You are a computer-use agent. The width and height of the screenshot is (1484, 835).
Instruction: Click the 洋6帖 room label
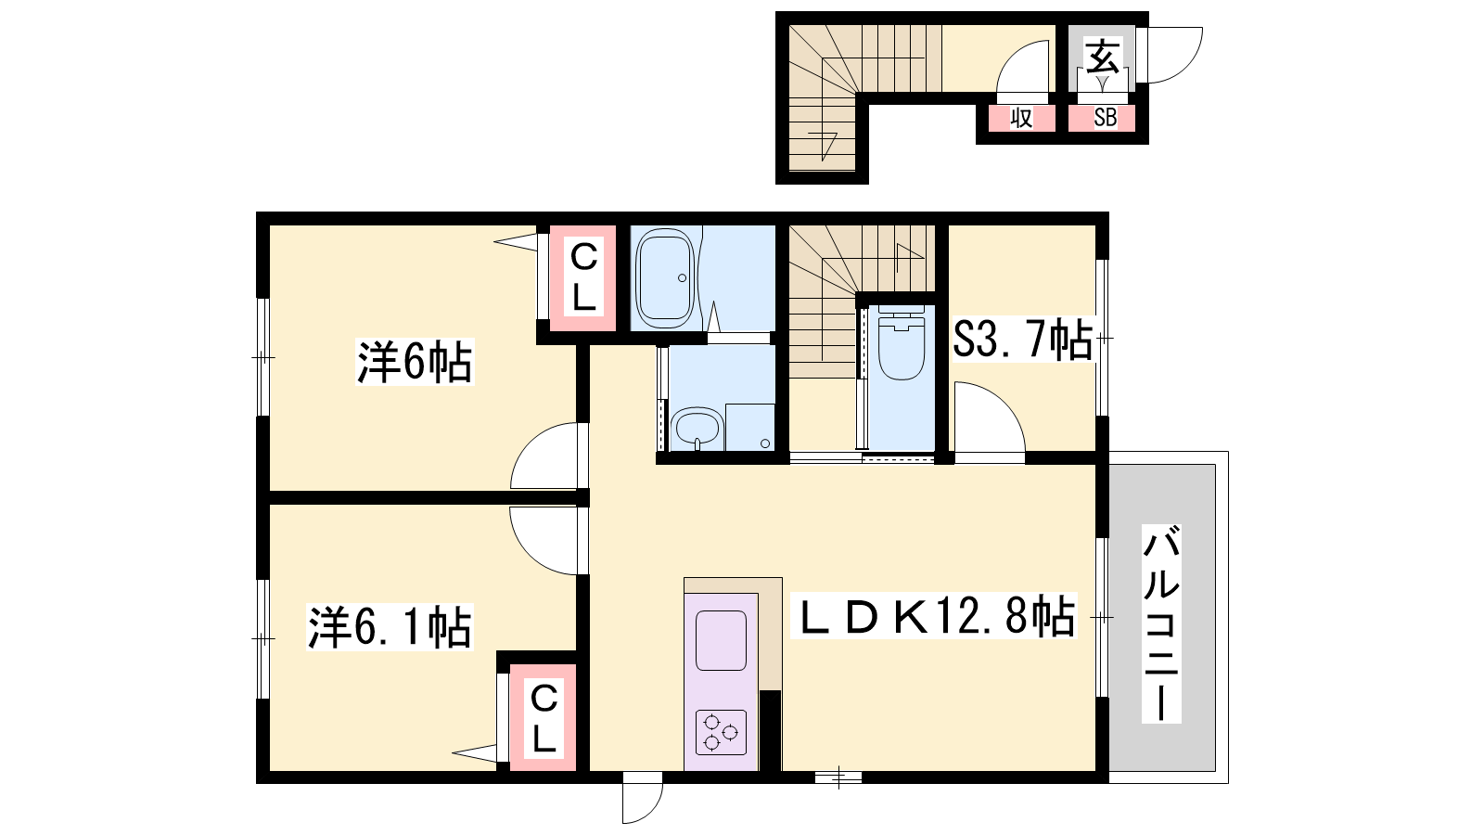[x=415, y=362]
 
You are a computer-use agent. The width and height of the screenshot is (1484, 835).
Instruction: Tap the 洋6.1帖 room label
[x=390, y=627]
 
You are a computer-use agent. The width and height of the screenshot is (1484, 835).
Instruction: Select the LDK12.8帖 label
[x=933, y=616]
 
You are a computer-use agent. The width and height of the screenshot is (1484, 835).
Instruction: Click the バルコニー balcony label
[x=1161, y=623]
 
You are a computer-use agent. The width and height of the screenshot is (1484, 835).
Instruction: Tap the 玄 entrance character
[x=1102, y=56]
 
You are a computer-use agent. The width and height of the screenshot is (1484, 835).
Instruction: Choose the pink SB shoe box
[x=1102, y=118]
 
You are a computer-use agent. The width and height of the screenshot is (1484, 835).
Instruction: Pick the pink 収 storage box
[x=1021, y=118]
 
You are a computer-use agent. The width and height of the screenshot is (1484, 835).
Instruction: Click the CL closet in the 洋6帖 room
[x=583, y=278]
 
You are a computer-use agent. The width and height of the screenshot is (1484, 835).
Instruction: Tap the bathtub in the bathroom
[x=664, y=278]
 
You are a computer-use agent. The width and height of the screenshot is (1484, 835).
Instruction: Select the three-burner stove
[x=721, y=732]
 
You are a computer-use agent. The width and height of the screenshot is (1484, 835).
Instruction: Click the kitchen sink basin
[x=721, y=640]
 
